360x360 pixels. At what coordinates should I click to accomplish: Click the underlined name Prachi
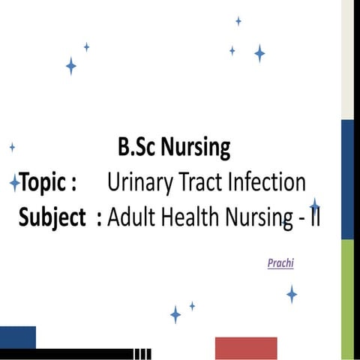[x=280, y=264]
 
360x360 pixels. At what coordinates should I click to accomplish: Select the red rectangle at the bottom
[x=246, y=348]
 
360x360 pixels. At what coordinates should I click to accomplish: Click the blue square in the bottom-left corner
[x=18, y=337]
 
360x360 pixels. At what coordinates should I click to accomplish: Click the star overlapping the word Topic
[x=14, y=182]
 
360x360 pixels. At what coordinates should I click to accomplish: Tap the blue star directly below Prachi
[x=292, y=293]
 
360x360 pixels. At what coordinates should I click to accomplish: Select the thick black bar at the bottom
[x=67, y=354]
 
